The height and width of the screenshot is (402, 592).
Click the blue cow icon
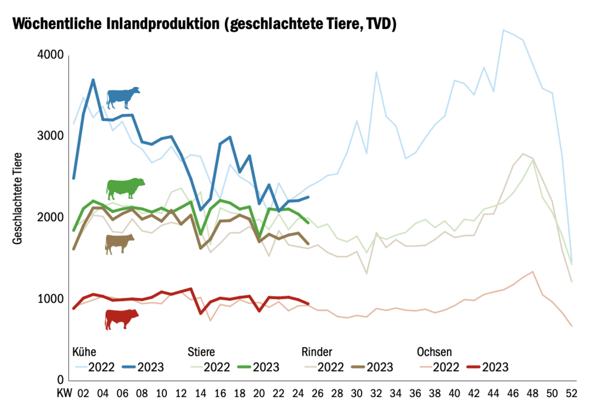[x=123, y=97]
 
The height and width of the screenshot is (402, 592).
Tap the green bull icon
[x=125, y=188]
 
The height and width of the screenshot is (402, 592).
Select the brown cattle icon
[x=119, y=244]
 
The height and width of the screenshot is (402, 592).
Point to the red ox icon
[x=121, y=319]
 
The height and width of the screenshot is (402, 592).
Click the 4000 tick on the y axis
[x=50, y=55]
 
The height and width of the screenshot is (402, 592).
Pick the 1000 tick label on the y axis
[x=50, y=299]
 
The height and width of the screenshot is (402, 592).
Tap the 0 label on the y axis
[x=60, y=380]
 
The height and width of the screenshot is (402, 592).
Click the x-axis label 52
[x=571, y=393]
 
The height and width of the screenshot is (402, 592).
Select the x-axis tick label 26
[x=317, y=393]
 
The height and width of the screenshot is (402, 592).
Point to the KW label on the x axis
[x=64, y=393]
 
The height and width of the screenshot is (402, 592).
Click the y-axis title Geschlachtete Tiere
[x=17, y=198]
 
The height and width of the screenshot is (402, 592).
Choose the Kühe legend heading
[x=84, y=352]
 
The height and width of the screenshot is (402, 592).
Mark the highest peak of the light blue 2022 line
[x=503, y=30]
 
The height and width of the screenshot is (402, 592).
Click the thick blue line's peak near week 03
[x=93, y=80]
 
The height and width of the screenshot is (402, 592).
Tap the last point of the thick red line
[x=308, y=304]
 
